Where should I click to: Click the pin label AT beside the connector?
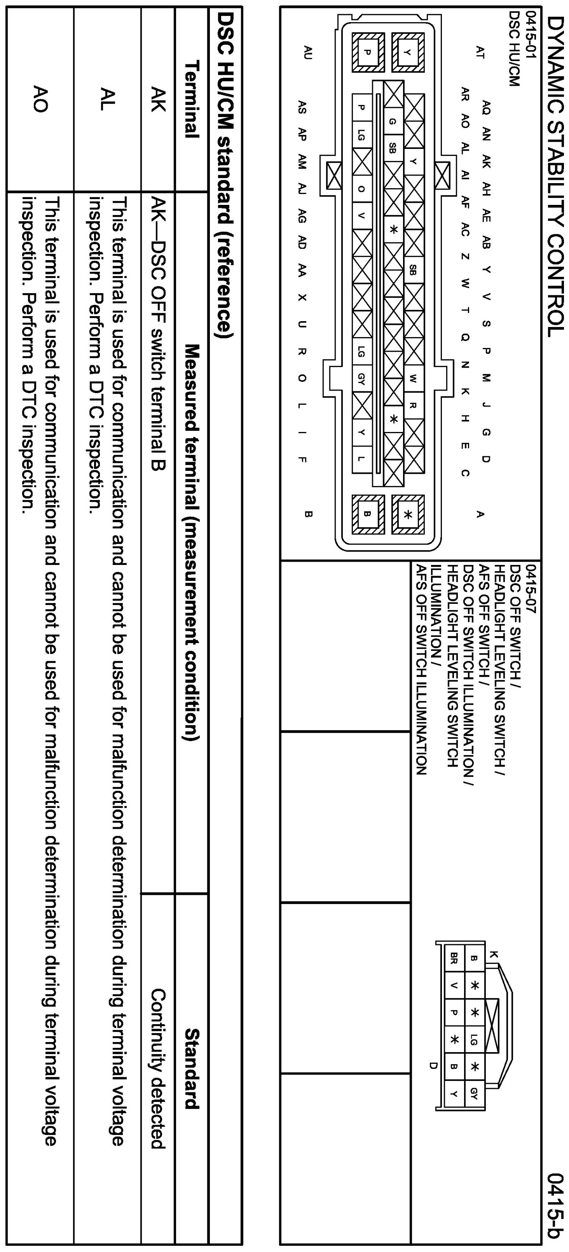480,53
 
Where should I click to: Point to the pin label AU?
306,53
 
